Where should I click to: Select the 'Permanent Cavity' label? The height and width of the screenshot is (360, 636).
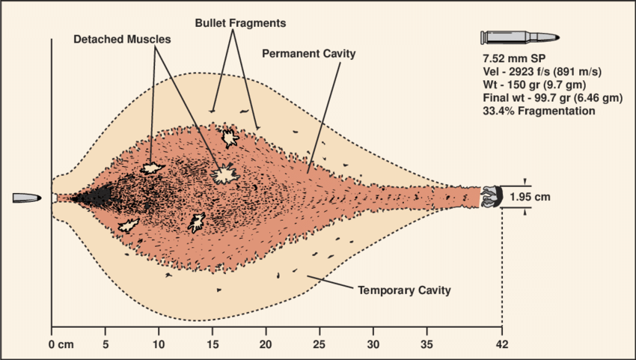[309, 54]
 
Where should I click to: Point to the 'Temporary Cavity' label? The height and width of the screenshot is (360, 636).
[404, 290]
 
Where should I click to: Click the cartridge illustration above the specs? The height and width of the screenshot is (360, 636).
[522, 37]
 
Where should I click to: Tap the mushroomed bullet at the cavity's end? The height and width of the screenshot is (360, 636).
[490, 197]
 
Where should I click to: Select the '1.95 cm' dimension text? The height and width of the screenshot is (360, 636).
[530, 198]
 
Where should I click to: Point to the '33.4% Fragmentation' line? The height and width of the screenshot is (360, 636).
[539, 111]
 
